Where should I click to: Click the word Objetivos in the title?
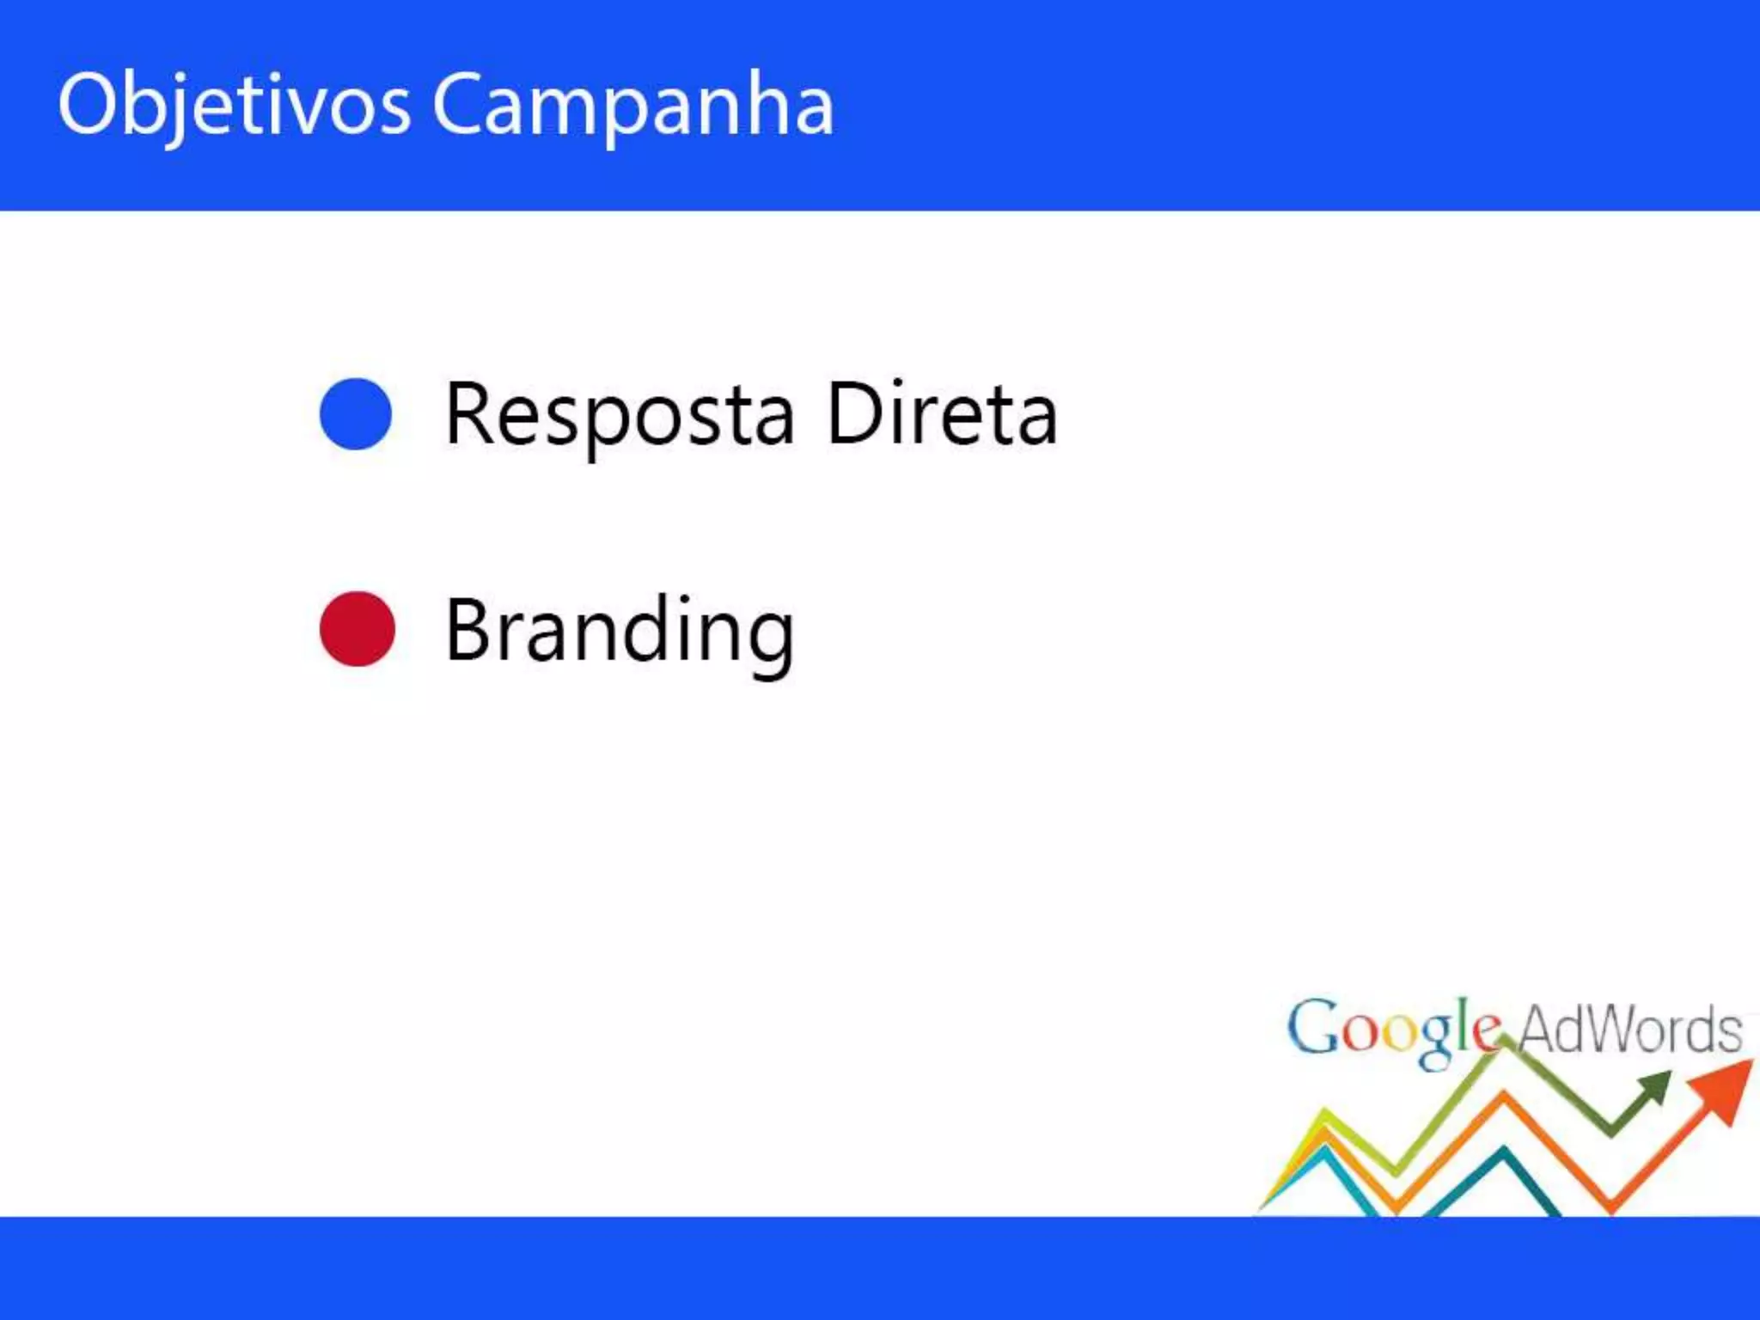pos(234,105)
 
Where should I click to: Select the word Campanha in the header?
pos(632,105)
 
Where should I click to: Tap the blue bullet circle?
pos(356,413)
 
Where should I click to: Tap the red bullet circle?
pos(357,628)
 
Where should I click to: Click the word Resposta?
pos(620,415)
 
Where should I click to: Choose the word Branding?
pos(620,632)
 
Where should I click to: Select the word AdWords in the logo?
pos(1630,1029)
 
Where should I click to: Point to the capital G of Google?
pos(1312,1027)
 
